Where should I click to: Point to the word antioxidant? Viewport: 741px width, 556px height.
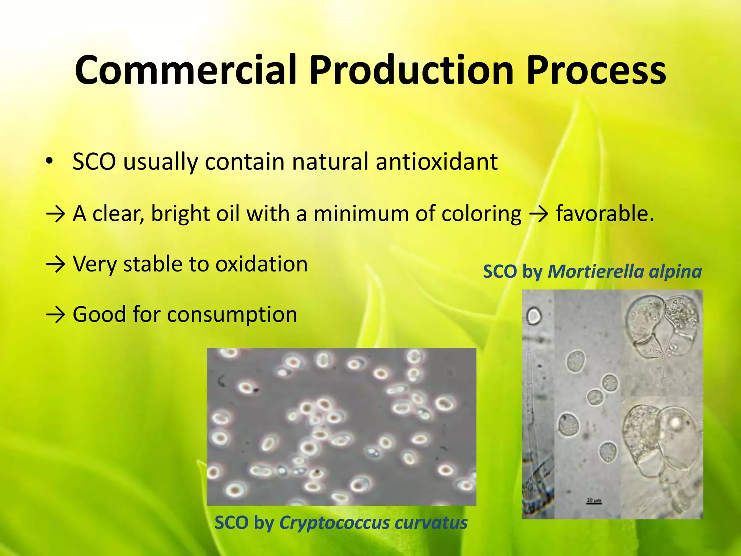tap(436, 161)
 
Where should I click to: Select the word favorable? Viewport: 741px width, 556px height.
tap(605, 214)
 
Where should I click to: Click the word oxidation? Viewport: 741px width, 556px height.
tap(262, 264)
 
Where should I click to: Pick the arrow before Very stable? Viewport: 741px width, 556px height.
tap(56, 265)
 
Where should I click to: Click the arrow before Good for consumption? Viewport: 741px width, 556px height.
tap(56, 315)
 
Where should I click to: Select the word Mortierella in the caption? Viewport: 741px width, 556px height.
tap(596, 271)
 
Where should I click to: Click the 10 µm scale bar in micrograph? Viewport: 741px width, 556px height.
tap(594, 502)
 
